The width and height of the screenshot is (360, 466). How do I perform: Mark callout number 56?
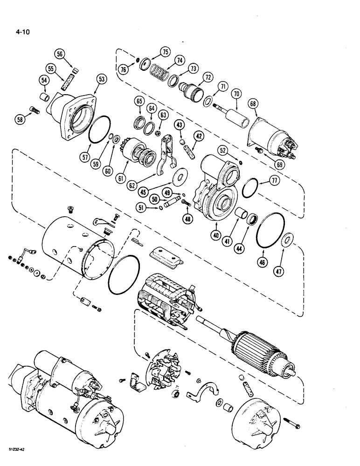pos(73,54)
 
